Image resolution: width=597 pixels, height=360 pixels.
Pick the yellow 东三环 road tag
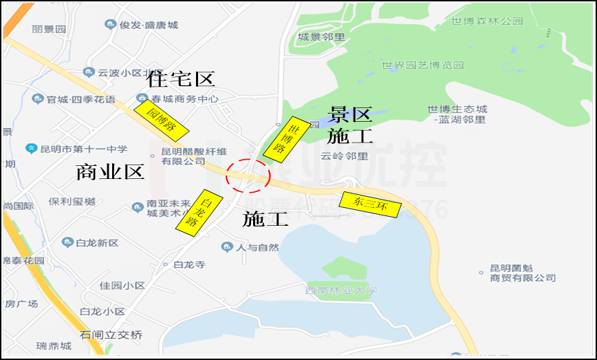coord(369,204)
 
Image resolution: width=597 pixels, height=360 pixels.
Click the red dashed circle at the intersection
coord(248,176)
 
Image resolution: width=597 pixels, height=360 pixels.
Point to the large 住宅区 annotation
coord(181,79)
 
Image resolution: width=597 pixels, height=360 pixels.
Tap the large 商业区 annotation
coord(110,171)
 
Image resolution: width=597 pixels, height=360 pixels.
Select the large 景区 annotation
coord(350,114)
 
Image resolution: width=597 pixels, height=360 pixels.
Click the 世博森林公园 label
coord(487,21)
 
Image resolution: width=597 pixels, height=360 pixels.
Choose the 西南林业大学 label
coord(342,291)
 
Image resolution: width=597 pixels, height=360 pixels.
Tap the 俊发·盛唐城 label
coord(149,25)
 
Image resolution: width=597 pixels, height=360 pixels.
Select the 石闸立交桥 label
coord(111,335)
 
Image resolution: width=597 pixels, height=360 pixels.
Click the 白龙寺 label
coord(189,265)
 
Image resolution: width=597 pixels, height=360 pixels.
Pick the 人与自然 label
coord(257,247)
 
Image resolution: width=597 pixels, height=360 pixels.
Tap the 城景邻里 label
coord(322,36)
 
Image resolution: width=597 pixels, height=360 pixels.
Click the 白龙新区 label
coord(97,243)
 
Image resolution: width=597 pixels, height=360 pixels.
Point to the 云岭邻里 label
coord(345,156)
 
